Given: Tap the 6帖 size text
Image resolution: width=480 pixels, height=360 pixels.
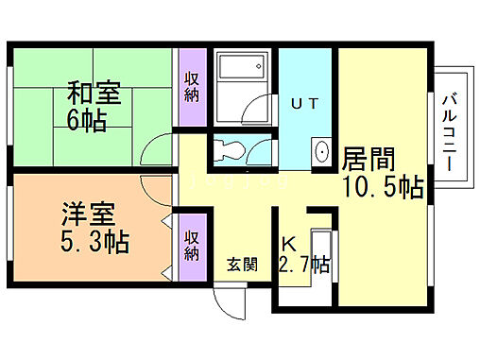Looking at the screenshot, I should [85, 120].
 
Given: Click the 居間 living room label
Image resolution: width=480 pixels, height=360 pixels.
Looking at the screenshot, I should [369, 158].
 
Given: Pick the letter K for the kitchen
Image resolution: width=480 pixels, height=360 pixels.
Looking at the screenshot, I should [286, 243].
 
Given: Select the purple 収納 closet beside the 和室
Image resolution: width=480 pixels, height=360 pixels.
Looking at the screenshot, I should [191, 86].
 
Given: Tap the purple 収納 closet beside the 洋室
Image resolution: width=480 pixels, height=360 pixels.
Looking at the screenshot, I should [191, 245].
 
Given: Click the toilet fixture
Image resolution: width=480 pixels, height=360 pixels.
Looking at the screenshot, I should [230, 149].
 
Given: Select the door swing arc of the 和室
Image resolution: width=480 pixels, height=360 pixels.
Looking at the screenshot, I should [156, 151].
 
